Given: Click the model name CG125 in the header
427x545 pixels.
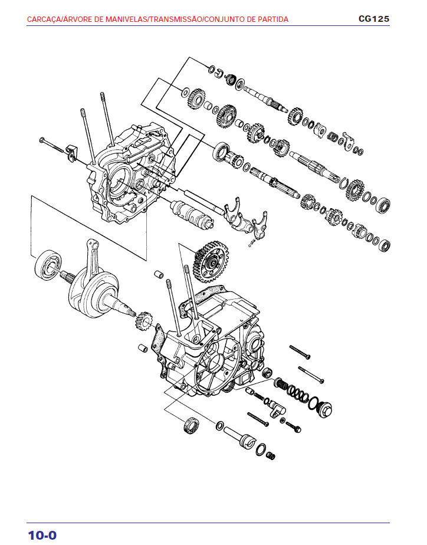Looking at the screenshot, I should click(373, 19).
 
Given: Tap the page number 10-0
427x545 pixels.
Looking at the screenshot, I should click(42, 535).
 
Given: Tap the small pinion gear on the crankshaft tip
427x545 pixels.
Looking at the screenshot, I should click(144, 322).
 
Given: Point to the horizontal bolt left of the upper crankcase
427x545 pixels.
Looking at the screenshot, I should click(52, 144).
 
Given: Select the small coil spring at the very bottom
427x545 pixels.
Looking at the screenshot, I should click(271, 455).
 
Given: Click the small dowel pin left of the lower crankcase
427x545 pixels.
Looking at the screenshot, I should click(142, 347).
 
